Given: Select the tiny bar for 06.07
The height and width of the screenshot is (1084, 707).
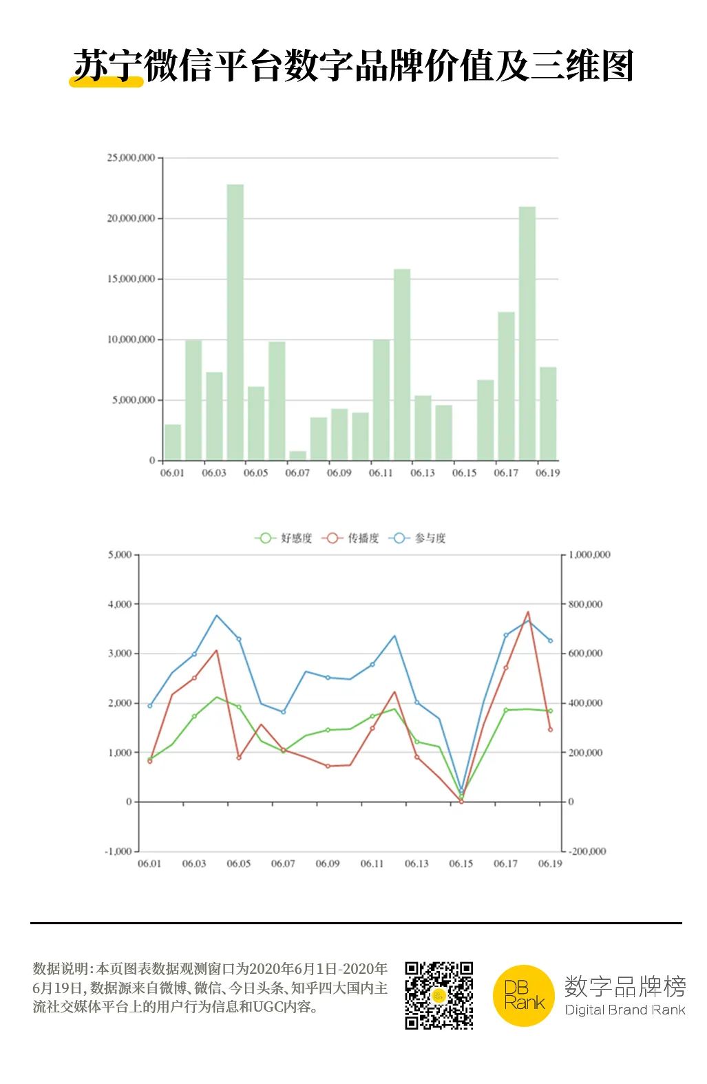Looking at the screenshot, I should click(297, 455).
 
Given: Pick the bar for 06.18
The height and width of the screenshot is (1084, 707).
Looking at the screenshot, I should click(527, 333).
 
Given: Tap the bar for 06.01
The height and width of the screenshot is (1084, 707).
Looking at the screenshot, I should click(173, 442).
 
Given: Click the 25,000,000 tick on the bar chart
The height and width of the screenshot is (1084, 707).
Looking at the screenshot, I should click(131, 158).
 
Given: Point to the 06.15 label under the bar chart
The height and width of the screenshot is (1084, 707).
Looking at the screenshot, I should click(464, 473).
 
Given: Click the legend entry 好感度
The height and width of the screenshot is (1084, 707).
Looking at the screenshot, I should click(284, 538).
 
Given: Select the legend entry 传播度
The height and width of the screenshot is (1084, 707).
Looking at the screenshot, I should click(350, 538).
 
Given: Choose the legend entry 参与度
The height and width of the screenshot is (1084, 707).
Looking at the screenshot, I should click(418, 538).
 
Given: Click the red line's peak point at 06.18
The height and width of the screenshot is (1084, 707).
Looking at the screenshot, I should click(528, 612).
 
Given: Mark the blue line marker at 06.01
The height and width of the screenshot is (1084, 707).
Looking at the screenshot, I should click(150, 706).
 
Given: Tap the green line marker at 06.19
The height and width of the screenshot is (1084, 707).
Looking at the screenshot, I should click(550, 711).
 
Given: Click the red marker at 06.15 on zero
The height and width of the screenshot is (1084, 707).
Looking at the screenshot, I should click(461, 802).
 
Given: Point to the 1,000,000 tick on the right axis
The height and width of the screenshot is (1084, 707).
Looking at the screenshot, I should click(589, 554).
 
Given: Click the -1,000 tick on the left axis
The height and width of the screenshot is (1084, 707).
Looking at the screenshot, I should click(118, 851).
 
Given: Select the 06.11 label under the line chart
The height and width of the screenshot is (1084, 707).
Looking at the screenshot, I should click(372, 864).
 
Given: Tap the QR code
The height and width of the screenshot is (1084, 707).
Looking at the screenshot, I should click(439, 995).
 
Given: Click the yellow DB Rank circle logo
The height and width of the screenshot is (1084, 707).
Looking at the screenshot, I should click(524, 996).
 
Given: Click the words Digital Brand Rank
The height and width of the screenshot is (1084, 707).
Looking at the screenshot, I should click(624, 1010).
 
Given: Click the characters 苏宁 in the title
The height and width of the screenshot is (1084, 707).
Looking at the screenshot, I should click(107, 67).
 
